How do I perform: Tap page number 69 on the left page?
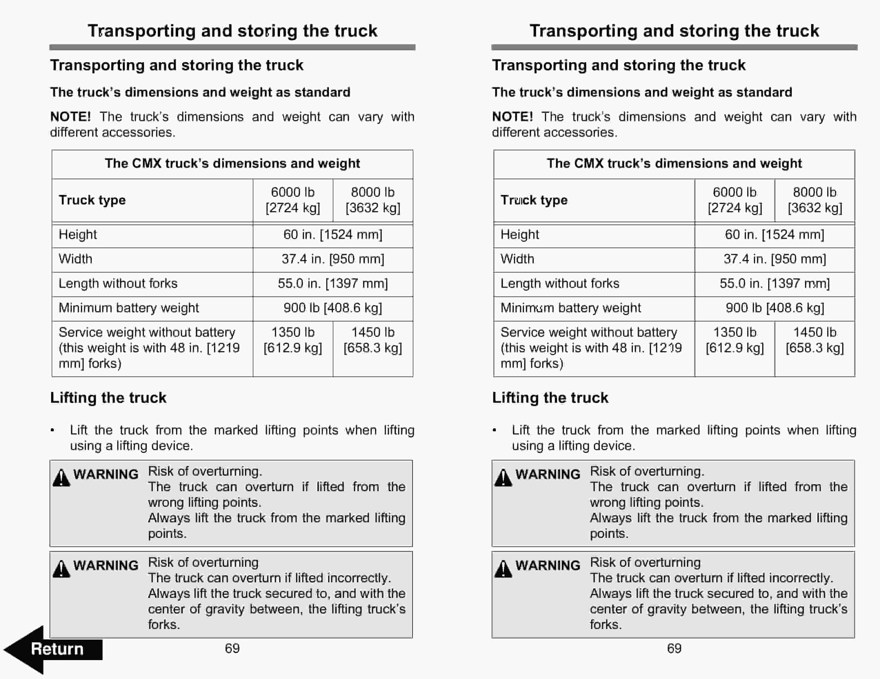(x=232, y=648)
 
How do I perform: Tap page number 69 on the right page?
(x=674, y=648)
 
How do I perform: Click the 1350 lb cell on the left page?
(x=293, y=340)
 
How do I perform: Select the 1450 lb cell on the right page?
(x=815, y=340)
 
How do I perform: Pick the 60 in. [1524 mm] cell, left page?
(x=333, y=234)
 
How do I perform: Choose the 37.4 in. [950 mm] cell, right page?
(x=774, y=259)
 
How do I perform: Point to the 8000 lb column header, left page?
(x=373, y=200)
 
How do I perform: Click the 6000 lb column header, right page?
(x=734, y=200)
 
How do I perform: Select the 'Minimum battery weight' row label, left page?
(x=129, y=308)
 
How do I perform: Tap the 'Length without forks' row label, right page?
(x=560, y=283)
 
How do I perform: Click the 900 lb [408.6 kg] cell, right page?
(x=774, y=308)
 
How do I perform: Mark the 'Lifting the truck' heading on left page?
(x=108, y=398)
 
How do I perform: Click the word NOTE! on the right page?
(x=512, y=117)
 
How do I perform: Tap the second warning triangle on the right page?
(x=503, y=569)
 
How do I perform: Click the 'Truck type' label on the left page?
(x=92, y=200)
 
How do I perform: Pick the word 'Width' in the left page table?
(x=75, y=259)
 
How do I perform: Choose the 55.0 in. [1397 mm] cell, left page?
(x=333, y=283)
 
